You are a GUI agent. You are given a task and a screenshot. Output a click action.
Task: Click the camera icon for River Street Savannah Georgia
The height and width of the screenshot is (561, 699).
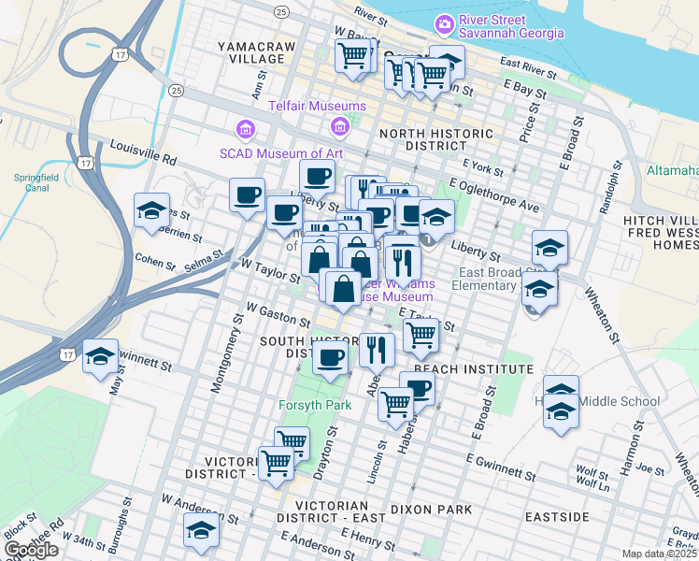tap(445, 22)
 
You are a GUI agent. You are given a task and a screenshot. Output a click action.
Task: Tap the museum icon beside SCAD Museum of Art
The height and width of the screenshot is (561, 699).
tap(246, 127)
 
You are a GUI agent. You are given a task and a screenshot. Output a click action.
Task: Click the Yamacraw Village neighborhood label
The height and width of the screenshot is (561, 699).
tap(250, 52)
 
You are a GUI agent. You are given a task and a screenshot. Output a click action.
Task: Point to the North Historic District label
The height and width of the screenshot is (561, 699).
tap(435, 140)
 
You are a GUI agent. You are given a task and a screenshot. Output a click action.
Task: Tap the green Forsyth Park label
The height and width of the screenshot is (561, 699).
tap(315, 405)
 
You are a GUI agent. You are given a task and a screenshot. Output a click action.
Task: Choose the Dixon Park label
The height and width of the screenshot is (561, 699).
tap(432, 510)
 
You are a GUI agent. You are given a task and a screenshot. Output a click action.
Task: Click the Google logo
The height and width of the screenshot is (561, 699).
tap(31, 550)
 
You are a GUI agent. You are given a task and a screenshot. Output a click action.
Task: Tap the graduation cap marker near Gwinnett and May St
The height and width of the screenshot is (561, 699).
tap(100, 356)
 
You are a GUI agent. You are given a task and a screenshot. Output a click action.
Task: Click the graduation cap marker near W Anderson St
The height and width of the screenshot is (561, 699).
tap(199, 529)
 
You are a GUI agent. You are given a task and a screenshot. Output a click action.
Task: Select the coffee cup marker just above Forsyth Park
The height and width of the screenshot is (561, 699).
tap(330, 357)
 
